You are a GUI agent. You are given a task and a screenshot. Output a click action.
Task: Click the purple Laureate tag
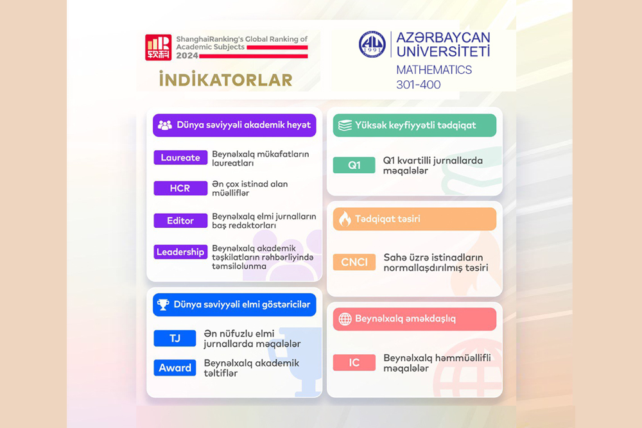(180, 158)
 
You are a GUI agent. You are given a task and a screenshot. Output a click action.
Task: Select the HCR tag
(180, 188)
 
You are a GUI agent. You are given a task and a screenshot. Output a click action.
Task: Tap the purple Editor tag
(180, 221)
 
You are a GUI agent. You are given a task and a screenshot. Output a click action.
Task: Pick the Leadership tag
(180, 252)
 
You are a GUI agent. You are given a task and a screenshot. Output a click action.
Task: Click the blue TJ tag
(175, 338)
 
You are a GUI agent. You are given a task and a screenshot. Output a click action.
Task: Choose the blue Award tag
(175, 368)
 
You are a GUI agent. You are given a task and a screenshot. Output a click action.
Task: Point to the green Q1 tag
(354, 165)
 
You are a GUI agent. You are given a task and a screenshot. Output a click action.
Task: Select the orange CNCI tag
(354, 262)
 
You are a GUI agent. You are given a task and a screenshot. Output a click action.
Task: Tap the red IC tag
(354, 363)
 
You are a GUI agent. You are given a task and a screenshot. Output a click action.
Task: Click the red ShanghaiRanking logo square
(159, 47)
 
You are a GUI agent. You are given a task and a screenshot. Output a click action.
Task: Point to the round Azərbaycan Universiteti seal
(372, 44)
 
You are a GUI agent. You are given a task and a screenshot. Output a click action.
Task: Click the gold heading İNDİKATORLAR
(225, 80)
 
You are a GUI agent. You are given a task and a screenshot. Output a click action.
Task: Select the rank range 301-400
(419, 85)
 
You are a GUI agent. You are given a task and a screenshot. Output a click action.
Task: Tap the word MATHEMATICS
(434, 70)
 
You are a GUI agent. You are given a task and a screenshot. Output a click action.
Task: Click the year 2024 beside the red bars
(187, 56)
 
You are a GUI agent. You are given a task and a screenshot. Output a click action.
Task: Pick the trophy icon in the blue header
(163, 304)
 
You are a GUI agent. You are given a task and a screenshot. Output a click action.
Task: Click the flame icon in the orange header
(345, 219)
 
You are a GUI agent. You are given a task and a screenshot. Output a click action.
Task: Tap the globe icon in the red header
(345, 319)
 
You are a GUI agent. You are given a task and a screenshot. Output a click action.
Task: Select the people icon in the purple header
(164, 125)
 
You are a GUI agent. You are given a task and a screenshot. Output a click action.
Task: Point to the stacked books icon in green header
(345, 125)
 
